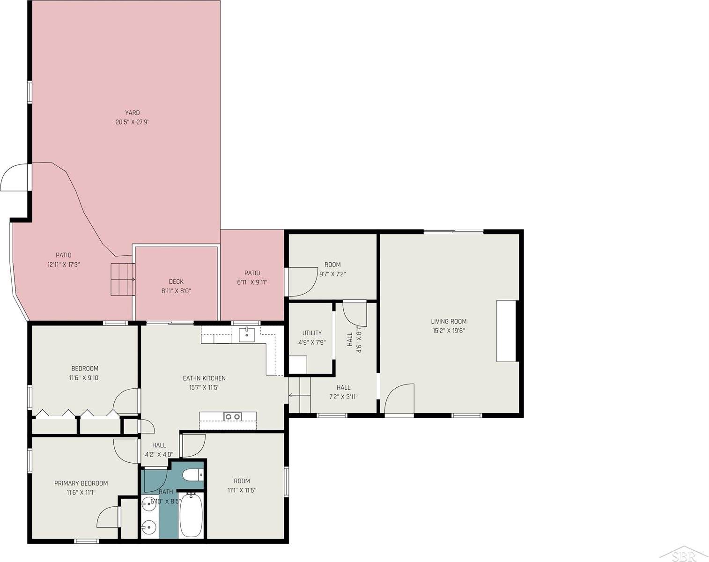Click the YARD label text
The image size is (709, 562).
coord(132,112)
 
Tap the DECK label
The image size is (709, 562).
coord(176,281)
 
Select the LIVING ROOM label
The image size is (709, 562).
coord(449,321)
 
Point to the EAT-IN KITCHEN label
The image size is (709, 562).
coord(204,378)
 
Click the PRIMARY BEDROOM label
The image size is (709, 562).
coord(81,483)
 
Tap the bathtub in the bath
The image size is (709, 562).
coord(191,515)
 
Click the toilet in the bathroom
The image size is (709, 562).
coord(193,475)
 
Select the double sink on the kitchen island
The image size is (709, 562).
coord(232,416)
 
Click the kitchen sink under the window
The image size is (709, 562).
coord(246,335)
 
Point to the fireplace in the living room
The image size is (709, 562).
coord(506,331)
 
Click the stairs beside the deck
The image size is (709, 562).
coord(122,280)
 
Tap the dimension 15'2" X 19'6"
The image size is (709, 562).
coord(449,331)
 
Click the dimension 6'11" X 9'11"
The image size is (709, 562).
coord(252,282)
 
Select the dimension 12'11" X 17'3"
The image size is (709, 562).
coord(64,265)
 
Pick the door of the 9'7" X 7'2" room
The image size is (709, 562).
coord(300,282)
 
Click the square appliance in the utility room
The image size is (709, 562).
coord(298,364)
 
